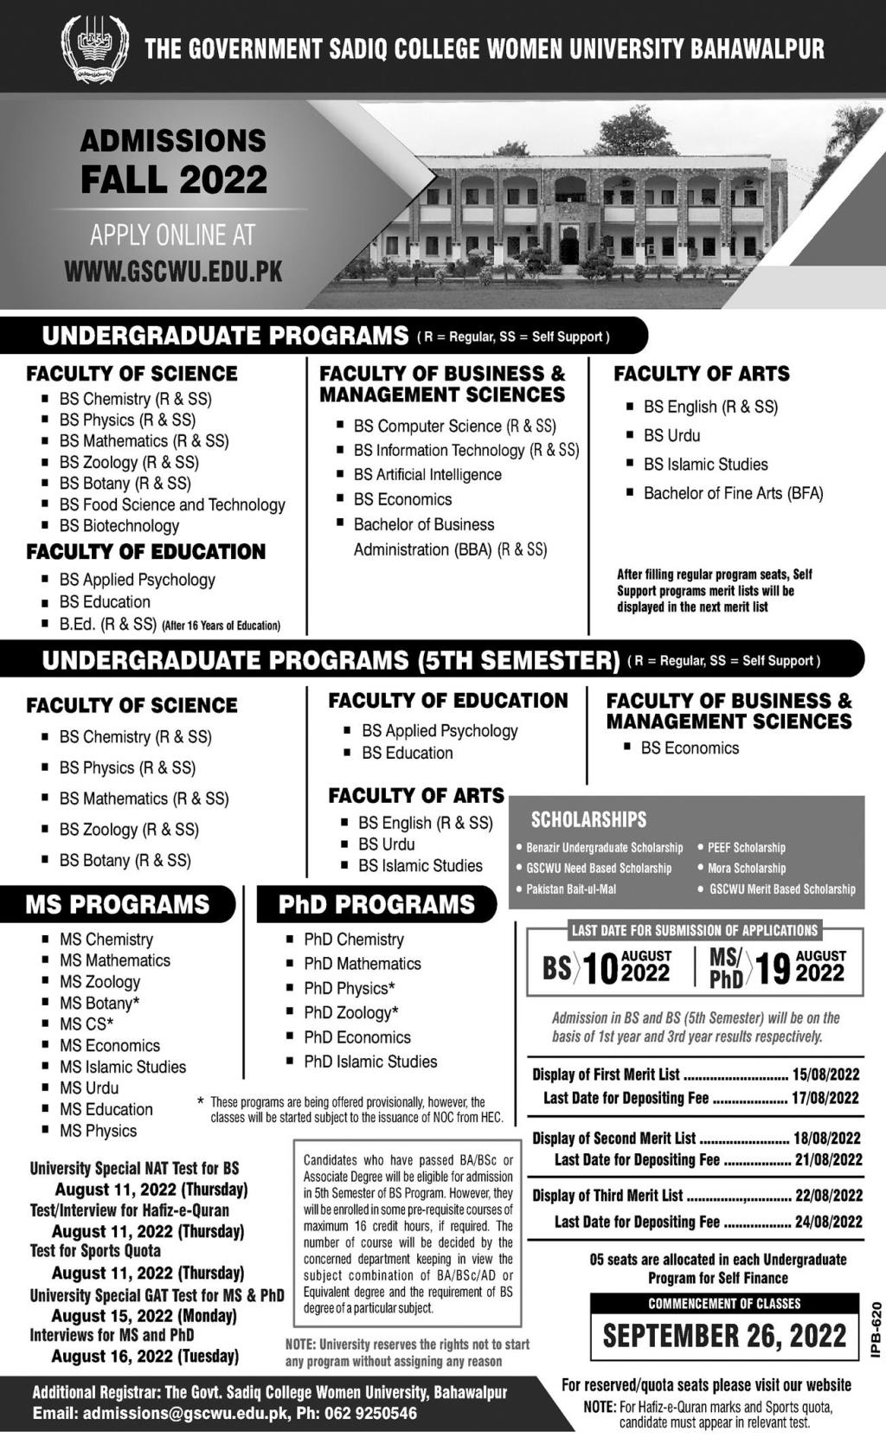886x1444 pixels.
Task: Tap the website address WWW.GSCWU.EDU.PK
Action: click(x=173, y=272)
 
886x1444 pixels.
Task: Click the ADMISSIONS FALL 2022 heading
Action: click(x=173, y=161)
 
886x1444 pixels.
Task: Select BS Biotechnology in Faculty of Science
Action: click(x=119, y=526)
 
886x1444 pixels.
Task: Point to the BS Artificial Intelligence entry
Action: click(x=427, y=475)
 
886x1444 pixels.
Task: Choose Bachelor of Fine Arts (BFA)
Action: click(x=733, y=493)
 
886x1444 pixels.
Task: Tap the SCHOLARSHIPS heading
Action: click(x=588, y=819)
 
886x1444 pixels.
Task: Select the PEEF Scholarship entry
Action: click(x=746, y=848)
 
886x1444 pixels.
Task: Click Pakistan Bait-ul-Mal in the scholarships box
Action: click(x=571, y=889)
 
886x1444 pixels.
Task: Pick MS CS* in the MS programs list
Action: click(x=87, y=1024)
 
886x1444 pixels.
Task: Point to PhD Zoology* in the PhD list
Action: click(x=351, y=1012)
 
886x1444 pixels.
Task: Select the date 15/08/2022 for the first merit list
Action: click(x=826, y=1075)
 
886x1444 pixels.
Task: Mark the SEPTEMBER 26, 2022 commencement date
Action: click(x=724, y=1336)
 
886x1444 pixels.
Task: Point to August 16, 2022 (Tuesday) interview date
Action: click(x=145, y=1356)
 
